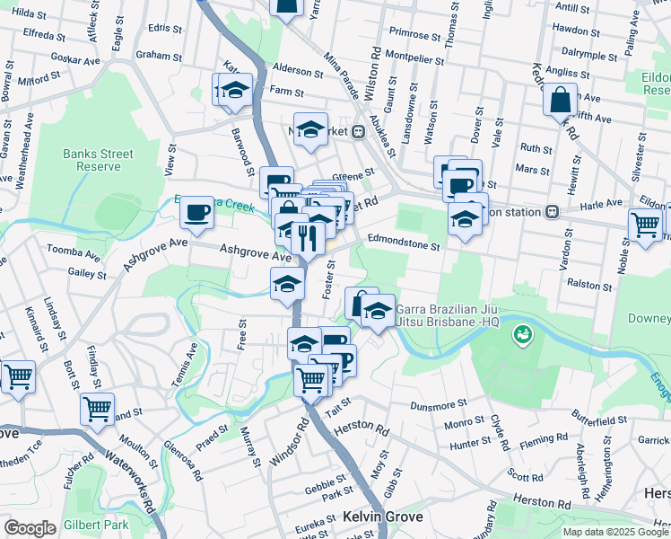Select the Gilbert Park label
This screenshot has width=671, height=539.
(96, 525)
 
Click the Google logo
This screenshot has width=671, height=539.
(30, 528)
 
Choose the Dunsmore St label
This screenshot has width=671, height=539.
(440, 406)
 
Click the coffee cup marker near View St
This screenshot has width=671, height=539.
(196, 212)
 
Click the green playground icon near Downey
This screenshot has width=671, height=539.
(520, 336)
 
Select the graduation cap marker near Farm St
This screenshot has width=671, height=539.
(235, 90)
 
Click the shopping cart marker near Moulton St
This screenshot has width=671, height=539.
(96, 409)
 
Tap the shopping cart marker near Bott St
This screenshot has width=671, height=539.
(17, 377)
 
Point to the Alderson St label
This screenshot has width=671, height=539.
(297, 71)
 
